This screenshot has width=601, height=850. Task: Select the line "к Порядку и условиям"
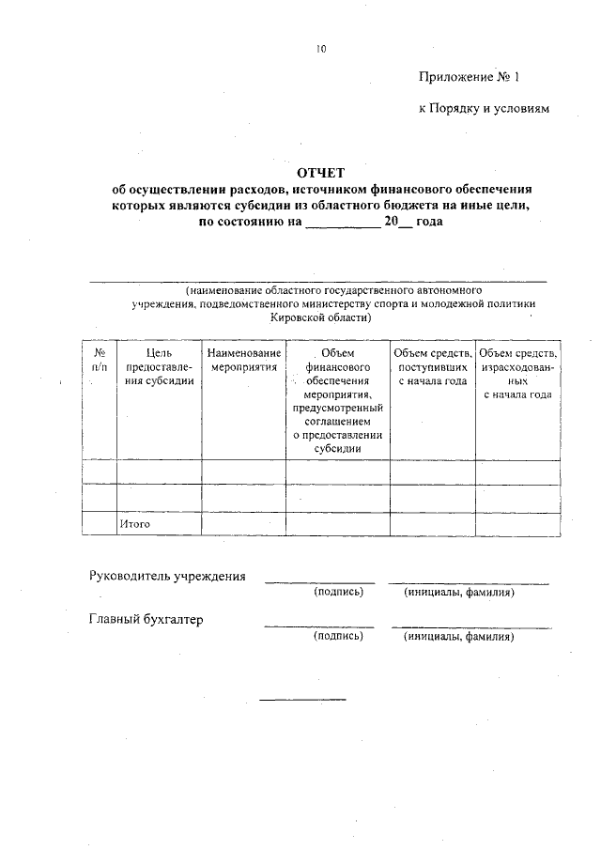(483, 109)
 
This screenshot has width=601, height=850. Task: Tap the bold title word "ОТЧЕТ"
(321, 173)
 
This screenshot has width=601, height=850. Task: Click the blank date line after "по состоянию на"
(344, 222)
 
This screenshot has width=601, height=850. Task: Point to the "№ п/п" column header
(100, 359)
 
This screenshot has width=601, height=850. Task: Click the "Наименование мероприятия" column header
(244, 359)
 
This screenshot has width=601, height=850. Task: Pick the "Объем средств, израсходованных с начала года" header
(517, 373)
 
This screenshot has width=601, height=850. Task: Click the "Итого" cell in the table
(135, 523)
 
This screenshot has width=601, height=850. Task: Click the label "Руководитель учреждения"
(167, 576)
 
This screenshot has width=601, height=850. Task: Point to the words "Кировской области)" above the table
(320, 317)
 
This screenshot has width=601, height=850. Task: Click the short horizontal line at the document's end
(302, 699)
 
